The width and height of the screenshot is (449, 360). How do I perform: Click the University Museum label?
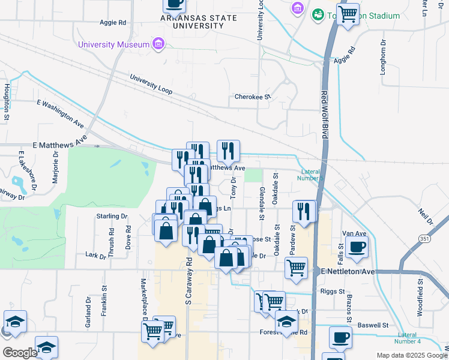click(x=113, y=45)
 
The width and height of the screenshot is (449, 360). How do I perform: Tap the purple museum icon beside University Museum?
click(x=158, y=44)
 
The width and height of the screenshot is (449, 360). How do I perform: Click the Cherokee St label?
click(x=253, y=97)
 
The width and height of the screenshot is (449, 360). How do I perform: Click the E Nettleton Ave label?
click(x=347, y=272)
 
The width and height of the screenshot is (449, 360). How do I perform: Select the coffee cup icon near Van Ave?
click(x=357, y=246)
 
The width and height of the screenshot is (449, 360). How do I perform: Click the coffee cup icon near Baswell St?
click(x=340, y=337)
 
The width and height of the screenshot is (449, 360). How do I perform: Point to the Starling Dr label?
click(x=112, y=216)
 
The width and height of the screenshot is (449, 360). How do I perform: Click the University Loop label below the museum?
click(x=151, y=85)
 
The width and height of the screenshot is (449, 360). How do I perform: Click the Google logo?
click(x=20, y=353)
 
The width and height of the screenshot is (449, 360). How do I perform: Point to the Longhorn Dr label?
click(x=382, y=57)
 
